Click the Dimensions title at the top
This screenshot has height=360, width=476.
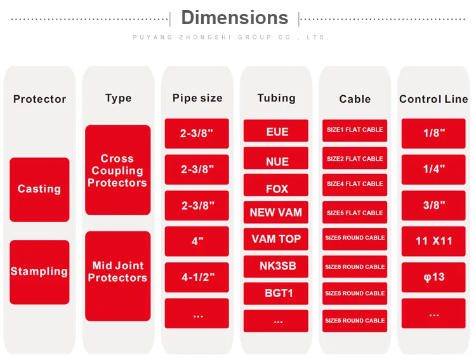click(234, 17)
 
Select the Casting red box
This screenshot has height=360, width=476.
click(39, 189)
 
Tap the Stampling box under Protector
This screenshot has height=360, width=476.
click(39, 272)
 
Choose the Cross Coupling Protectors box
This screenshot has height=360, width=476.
click(117, 170)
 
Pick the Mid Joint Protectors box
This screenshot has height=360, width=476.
click(117, 272)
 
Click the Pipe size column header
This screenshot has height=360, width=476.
click(197, 98)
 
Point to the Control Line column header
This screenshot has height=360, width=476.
click(433, 99)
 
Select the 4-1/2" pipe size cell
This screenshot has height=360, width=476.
click(197, 277)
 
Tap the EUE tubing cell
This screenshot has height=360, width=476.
click(277, 131)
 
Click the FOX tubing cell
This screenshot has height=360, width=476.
click(277, 189)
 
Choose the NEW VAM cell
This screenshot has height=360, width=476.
click(276, 213)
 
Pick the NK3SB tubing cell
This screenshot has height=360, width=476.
click(276, 266)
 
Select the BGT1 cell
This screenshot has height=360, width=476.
click(277, 293)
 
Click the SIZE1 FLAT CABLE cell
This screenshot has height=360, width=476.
click(355, 130)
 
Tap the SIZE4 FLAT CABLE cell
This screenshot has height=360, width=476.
click(355, 184)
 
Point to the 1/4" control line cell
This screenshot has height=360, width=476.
click(434, 169)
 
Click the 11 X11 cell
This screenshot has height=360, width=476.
click(434, 241)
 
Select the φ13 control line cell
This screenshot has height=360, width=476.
click(434, 277)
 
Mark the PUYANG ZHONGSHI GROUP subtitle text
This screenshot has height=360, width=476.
click(231, 37)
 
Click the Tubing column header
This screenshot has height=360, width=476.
click(276, 98)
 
